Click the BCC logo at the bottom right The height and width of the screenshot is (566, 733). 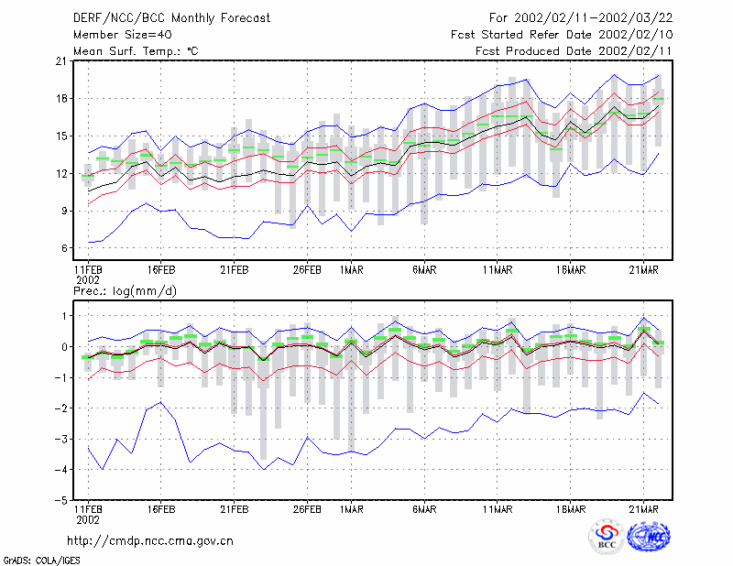(x=607, y=537)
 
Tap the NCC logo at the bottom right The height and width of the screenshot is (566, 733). (x=649, y=536)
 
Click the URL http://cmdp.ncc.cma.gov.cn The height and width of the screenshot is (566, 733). (x=150, y=541)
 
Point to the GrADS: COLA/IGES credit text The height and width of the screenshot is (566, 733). (x=41, y=560)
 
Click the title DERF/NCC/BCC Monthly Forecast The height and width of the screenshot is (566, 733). (x=171, y=18)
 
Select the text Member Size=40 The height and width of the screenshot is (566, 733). (x=123, y=35)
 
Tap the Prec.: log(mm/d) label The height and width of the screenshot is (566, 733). (x=125, y=291)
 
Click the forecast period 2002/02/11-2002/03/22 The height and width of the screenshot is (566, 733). (x=593, y=18)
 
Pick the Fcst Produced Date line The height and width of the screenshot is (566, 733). (x=574, y=51)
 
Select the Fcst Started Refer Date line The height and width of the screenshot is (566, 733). (x=562, y=35)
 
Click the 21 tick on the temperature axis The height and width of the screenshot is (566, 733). (x=61, y=61)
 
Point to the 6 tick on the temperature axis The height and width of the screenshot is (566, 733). (x=64, y=248)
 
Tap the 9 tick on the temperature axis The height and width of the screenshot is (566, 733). (x=64, y=211)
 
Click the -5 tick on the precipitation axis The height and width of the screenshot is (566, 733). (x=60, y=500)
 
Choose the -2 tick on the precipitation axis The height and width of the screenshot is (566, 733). (x=60, y=408)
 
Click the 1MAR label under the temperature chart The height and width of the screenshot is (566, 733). (x=351, y=270)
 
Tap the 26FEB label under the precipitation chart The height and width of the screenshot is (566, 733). (x=307, y=509)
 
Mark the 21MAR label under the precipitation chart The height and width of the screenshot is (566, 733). (x=644, y=509)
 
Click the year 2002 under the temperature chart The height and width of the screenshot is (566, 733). (x=88, y=280)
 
